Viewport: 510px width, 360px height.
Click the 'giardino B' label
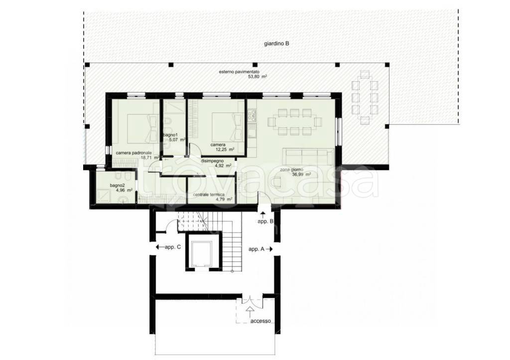pos(276,44)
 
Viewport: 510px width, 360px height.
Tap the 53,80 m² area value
pos(257,77)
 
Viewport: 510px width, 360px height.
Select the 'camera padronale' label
pos(133,153)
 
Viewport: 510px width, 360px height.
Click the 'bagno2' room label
pos(117,185)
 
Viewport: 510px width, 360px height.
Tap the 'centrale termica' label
pos(209,195)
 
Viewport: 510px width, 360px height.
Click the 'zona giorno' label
pos(291,170)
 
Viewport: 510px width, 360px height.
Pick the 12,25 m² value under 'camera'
pos(225,149)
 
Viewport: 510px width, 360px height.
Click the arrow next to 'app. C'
pos(160,247)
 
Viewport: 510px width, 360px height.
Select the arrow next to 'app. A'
pos(269,249)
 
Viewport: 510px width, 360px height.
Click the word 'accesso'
pos(260,321)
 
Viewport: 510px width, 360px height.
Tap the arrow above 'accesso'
pos(250,311)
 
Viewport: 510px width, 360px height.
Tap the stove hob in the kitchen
pos(252,115)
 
